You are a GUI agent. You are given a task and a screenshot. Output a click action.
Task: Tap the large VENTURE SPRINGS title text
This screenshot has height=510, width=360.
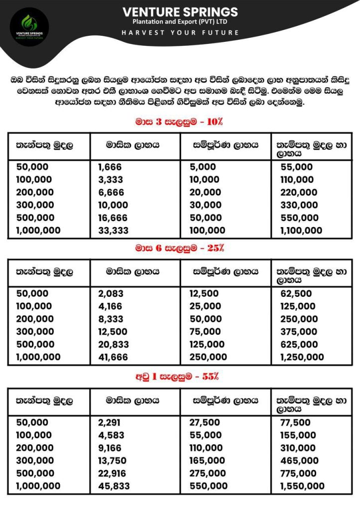pos(180,12)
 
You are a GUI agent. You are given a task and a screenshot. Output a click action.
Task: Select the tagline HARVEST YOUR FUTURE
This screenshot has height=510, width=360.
pos(180,32)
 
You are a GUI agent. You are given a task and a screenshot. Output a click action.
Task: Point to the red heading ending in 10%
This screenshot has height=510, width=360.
pos(180,121)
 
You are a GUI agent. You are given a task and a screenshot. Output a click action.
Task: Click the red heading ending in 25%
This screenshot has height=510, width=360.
pos(180,248)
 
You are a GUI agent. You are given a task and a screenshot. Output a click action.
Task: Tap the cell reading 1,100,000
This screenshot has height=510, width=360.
pos(301,231)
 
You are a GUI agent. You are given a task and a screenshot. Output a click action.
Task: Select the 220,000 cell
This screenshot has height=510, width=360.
pos(298,192)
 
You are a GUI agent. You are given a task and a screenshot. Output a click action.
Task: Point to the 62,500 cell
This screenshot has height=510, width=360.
pos(296,294)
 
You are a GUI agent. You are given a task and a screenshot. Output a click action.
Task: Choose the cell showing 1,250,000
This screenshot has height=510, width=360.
pos(302,357)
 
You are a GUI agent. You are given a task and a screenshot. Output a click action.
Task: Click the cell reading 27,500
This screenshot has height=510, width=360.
pos(205,422)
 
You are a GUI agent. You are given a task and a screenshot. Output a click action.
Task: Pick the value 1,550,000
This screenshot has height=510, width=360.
pos(302,486)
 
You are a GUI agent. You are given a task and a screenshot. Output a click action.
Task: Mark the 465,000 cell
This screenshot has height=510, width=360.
pos(299,461)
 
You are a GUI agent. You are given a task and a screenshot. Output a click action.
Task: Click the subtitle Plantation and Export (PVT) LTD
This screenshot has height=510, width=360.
pos(180,22)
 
